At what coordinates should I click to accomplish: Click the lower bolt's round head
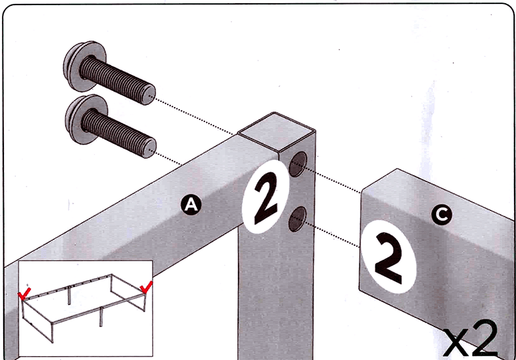click(x=86, y=119)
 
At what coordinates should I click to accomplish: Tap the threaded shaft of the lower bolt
click(x=119, y=133)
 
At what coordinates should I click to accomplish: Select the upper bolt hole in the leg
click(x=297, y=165)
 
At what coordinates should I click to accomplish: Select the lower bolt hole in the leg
click(x=297, y=219)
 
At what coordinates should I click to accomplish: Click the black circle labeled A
click(x=191, y=205)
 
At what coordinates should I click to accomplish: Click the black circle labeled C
click(x=442, y=215)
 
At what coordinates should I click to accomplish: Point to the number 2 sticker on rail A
click(x=266, y=197)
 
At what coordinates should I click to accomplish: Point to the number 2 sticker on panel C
click(x=389, y=257)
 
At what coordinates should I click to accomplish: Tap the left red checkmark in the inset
click(x=24, y=294)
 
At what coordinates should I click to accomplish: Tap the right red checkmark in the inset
click(x=146, y=287)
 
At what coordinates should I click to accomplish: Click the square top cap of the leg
click(x=276, y=132)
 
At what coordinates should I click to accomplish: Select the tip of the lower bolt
click(x=150, y=149)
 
